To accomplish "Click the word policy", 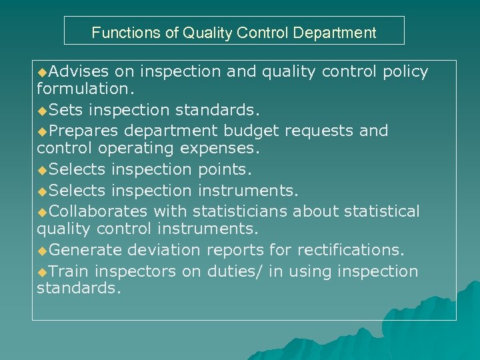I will tap(405, 71).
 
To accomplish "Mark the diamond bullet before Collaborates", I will tap(43, 212).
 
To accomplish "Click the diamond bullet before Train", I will tap(43, 272).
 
